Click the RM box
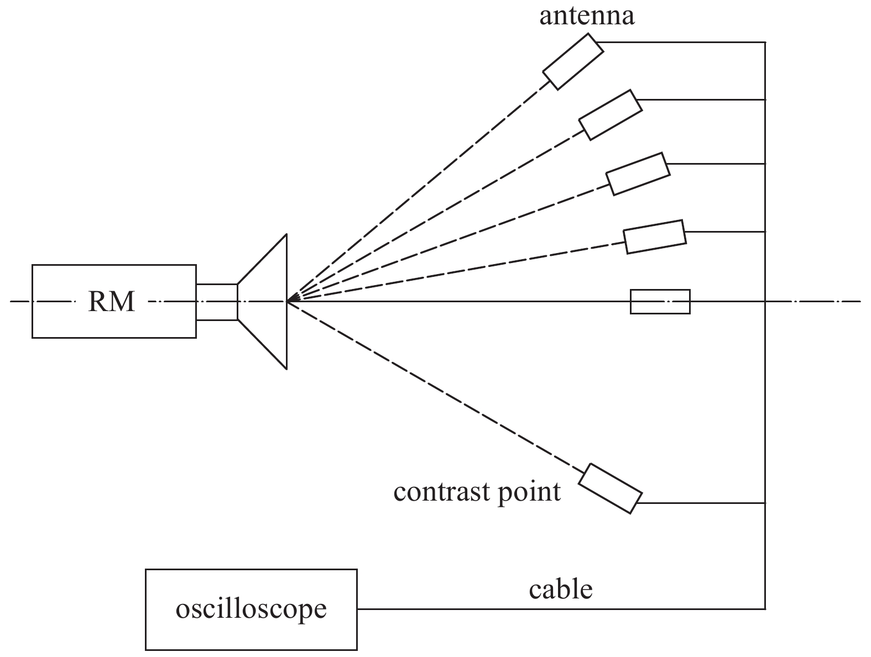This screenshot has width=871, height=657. click(x=113, y=302)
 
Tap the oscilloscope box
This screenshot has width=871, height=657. click(x=251, y=609)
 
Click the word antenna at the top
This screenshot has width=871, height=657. click(x=587, y=16)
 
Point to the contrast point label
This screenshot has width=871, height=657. click(x=477, y=491)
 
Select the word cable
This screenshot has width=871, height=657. click(x=560, y=590)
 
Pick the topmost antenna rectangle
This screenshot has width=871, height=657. click(x=572, y=61)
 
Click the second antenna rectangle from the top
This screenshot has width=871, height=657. click(x=610, y=114)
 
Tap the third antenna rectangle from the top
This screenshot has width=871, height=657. click(x=638, y=174)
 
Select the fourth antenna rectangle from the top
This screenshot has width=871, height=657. click(x=655, y=237)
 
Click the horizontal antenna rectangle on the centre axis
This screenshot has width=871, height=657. click(x=660, y=302)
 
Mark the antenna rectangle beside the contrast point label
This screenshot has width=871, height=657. click(x=610, y=488)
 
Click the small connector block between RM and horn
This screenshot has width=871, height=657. click(x=217, y=302)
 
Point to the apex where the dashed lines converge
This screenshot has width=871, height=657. click(x=288, y=302)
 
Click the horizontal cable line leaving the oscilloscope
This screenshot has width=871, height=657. click(x=553, y=609)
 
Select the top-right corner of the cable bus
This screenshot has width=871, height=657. click(x=765, y=43)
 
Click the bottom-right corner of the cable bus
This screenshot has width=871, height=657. click(x=765, y=609)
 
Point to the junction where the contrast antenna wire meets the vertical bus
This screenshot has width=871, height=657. click(x=765, y=503)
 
